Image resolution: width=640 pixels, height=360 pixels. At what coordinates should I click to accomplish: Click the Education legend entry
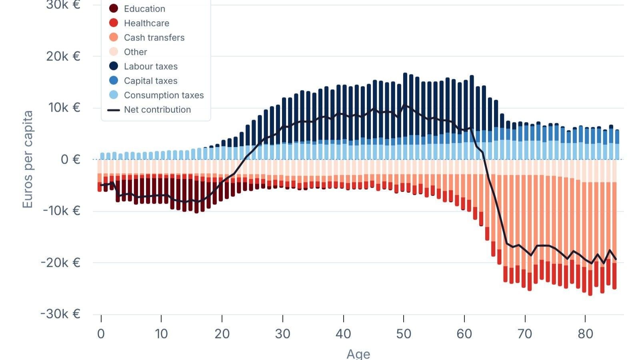144,9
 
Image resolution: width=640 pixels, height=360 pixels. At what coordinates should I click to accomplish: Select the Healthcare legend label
146,23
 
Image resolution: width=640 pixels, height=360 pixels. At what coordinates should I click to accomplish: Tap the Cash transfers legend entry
154,38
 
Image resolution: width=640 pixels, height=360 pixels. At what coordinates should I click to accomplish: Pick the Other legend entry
135,52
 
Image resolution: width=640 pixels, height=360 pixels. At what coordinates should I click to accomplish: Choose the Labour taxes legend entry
150,66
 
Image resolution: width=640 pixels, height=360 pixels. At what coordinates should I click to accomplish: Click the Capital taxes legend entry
150,81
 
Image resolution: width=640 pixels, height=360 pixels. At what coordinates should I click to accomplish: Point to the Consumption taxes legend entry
164,95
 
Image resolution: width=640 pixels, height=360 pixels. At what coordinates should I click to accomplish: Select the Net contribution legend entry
157,110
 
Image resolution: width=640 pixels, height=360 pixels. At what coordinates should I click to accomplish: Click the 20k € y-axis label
63,56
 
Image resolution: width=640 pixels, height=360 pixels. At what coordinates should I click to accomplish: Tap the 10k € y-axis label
63,108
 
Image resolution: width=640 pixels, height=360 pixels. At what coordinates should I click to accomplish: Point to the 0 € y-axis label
70,160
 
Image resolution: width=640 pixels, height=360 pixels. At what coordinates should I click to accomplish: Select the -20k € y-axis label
61,262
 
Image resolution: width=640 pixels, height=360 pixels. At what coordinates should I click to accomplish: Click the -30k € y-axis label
61,314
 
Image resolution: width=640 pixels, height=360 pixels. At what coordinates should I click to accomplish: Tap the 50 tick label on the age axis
404,334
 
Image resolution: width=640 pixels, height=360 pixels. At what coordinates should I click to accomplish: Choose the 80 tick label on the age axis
585,334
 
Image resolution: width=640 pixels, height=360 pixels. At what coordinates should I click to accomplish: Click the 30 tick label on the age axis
283,334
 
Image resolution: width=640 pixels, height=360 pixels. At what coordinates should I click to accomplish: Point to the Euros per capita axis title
27,160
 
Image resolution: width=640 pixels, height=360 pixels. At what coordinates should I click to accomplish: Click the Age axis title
358,354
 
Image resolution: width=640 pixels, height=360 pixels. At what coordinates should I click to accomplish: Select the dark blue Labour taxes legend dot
114,66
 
